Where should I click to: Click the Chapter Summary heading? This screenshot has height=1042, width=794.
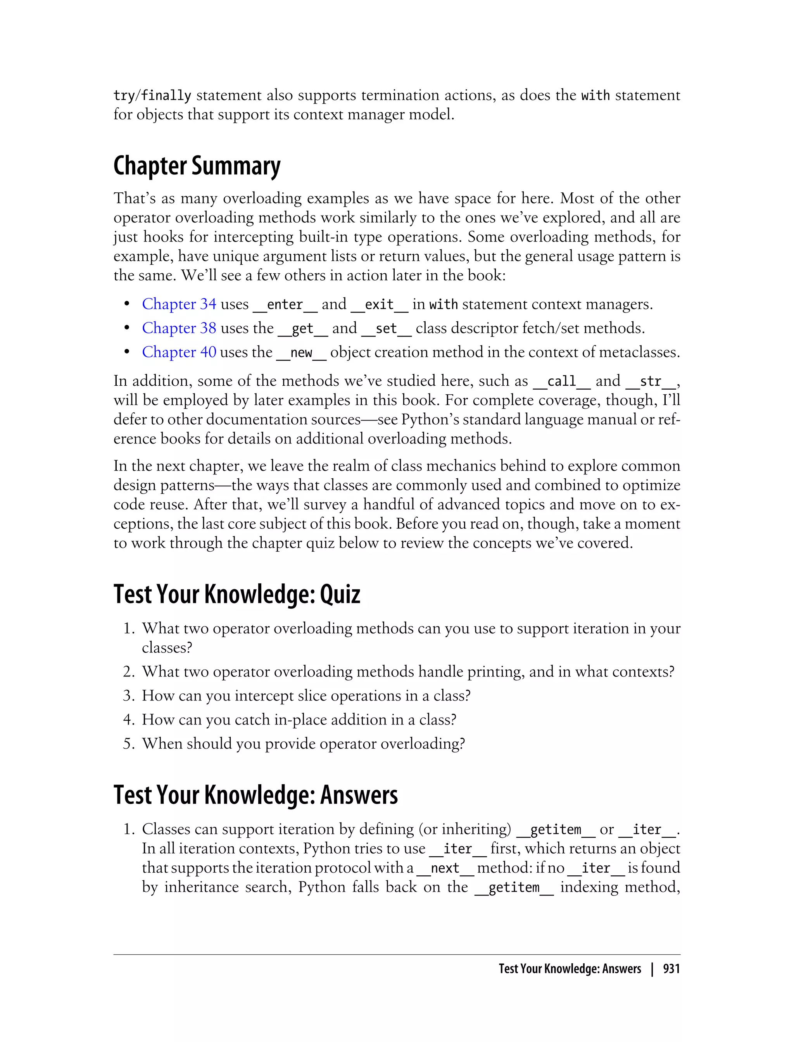[x=197, y=166]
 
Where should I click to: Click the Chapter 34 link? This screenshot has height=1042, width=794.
[x=179, y=304]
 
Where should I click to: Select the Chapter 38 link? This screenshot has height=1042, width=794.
[x=179, y=328]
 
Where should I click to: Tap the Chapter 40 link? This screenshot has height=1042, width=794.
[x=179, y=352]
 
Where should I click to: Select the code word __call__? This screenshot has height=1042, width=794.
[x=561, y=381]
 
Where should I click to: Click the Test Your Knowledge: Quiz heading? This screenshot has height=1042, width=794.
[x=237, y=595]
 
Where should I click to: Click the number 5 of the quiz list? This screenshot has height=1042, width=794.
[x=129, y=744]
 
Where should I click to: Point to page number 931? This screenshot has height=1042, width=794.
[x=671, y=969]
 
